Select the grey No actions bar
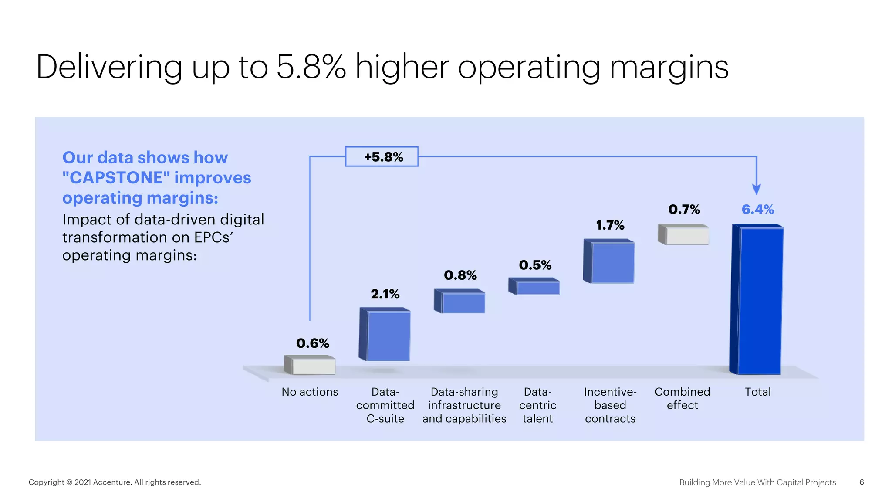tap(310, 365)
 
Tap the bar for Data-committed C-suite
tap(385, 335)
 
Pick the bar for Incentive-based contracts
tap(610, 261)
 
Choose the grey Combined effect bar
tap(684, 234)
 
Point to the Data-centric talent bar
tap(535, 286)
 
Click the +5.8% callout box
tap(382, 157)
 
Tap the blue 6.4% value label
tap(758, 210)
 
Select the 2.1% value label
tap(385, 295)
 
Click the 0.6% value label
tap(313, 343)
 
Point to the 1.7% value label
tap(610, 225)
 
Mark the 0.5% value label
tap(535, 265)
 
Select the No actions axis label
tap(310, 392)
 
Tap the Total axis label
tap(758, 392)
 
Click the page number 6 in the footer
tap(862, 482)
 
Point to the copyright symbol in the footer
tap(69, 482)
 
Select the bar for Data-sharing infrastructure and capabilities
tap(460, 302)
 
